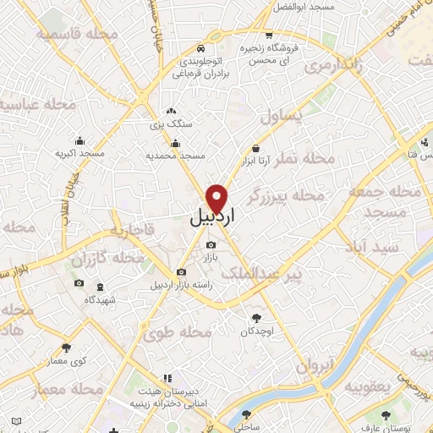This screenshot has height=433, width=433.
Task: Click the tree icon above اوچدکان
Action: click(x=256, y=318)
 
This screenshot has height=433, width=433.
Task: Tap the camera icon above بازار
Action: click(x=211, y=245)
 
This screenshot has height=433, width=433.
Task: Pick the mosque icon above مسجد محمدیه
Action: click(x=175, y=143)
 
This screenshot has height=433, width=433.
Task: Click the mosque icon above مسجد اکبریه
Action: click(x=80, y=141)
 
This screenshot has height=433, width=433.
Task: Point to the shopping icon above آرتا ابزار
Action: click(x=255, y=148)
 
